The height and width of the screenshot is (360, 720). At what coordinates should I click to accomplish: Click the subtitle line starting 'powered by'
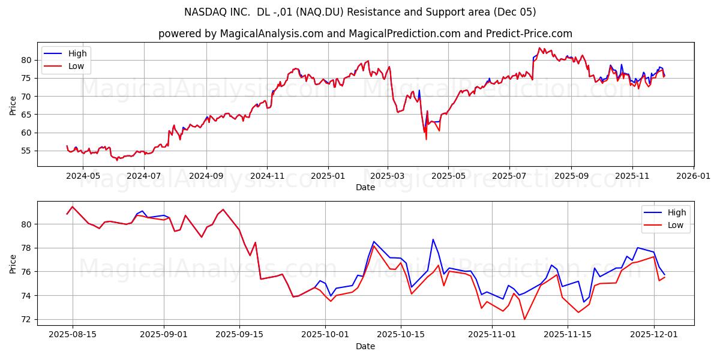[x=365, y=34]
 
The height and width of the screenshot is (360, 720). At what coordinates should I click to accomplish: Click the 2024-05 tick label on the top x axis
[x=82, y=176]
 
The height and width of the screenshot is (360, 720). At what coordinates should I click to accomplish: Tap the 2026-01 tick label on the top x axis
[x=693, y=176]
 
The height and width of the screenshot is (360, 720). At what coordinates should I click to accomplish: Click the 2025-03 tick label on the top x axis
[x=387, y=176]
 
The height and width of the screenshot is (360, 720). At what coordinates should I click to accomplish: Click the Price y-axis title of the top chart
[x=13, y=104]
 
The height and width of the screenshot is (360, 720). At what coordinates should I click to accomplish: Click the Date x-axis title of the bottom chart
[x=365, y=346]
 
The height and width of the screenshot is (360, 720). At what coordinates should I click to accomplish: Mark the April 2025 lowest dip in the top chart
[x=426, y=139]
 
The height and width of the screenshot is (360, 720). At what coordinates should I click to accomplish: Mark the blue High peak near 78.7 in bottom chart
[x=433, y=239]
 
